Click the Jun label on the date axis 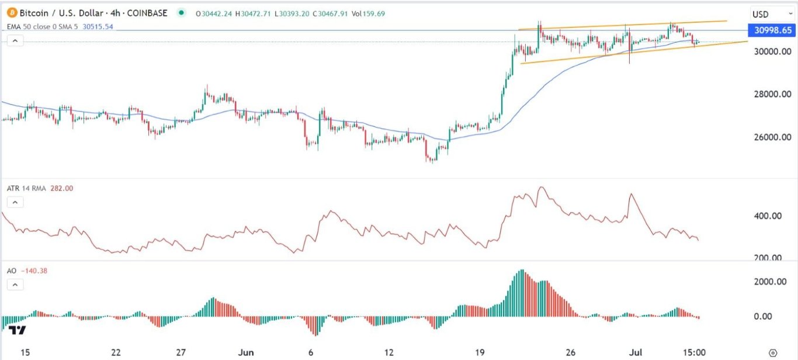[247, 352]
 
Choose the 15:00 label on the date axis [695, 352]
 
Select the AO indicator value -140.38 [35, 271]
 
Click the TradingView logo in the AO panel [18, 331]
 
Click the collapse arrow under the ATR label [15, 202]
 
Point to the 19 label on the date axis [480, 352]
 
